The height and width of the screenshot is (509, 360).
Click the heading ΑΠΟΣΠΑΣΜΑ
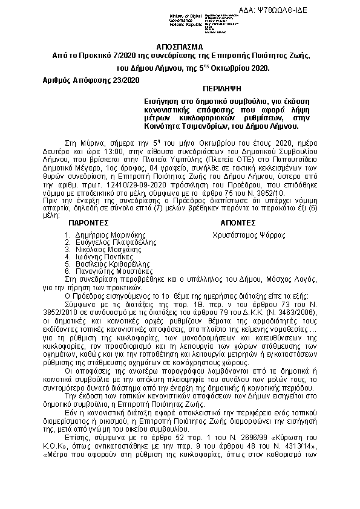(x=180, y=46)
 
